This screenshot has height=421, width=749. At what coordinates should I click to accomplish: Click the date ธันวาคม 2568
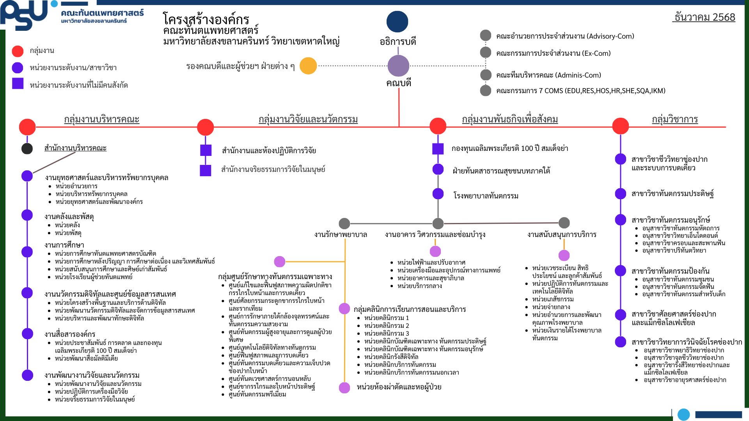[705, 17]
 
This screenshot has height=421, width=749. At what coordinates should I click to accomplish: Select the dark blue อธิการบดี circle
[397, 21]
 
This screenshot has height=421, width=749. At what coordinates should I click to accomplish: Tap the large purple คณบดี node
[398, 65]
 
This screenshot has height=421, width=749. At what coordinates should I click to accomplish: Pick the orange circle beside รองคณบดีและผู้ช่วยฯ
[308, 66]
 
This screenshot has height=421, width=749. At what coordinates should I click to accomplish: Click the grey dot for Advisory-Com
[486, 35]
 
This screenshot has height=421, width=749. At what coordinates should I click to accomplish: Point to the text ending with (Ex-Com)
[553, 53]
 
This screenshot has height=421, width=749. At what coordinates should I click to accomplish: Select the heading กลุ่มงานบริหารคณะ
[101, 119]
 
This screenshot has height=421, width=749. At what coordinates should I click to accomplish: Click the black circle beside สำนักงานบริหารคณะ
[27, 149]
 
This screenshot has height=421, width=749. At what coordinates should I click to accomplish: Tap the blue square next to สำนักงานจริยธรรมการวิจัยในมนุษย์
[206, 170]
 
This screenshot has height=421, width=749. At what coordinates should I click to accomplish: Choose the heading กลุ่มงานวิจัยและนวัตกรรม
[308, 119]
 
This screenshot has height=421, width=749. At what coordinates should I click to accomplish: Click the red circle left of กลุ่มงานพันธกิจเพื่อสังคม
[438, 126]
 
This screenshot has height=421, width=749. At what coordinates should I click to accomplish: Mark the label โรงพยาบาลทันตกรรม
[486, 196]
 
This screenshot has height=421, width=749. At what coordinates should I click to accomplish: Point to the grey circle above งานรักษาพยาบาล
[344, 223]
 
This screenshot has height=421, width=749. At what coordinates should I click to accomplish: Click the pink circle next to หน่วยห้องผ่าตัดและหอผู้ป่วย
[344, 387]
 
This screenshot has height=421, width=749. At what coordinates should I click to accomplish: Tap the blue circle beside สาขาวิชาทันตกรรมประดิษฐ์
[620, 194]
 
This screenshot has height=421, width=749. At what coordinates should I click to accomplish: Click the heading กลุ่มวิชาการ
[674, 119]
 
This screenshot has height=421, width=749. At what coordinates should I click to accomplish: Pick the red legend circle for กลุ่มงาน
[18, 51]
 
